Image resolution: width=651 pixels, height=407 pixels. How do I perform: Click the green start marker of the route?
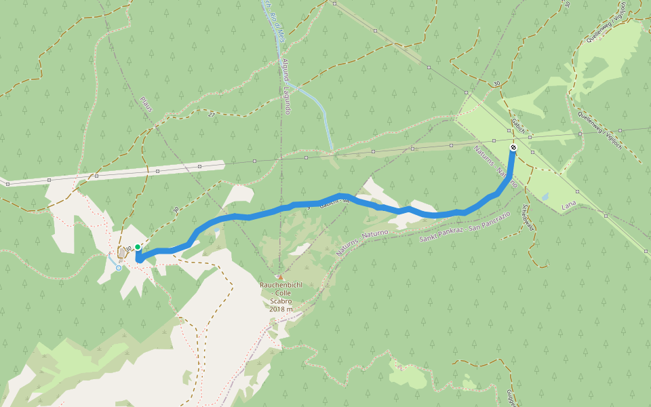click(x=138, y=247)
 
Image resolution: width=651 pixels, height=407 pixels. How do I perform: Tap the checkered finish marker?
click(x=513, y=147)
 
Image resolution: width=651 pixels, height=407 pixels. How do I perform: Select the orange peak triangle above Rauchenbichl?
click(x=279, y=277)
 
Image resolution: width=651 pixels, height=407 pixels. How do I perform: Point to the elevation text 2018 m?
click(x=279, y=309)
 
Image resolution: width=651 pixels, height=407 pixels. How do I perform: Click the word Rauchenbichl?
click(x=279, y=285)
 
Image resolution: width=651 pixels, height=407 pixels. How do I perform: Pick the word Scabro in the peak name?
click(x=279, y=301)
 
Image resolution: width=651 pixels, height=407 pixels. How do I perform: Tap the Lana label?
click(x=569, y=205)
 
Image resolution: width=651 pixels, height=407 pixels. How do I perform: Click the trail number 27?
click(x=211, y=115)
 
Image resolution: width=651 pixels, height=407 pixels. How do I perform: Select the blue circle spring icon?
click(x=119, y=268)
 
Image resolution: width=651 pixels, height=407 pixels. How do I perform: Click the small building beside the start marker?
click(x=122, y=253)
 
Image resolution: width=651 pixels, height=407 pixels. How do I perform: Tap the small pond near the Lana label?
click(x=545, y=197)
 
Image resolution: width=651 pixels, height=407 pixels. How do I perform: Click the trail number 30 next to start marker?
click(x=127, y=248)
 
